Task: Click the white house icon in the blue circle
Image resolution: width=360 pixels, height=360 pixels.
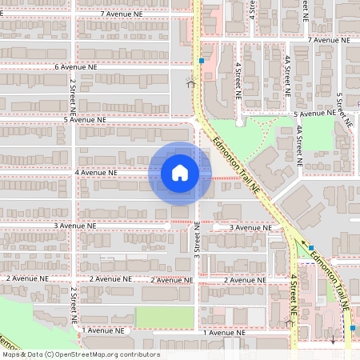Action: pos(180,173)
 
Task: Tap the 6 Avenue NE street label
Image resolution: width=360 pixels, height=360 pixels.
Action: pos(80,67)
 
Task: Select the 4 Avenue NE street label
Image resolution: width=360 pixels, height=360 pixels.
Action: pos(96,172)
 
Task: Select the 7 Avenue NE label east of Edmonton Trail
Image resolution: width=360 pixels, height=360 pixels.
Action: pos(334,39)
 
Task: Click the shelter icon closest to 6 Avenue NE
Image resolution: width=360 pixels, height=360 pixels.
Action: pos(190,82)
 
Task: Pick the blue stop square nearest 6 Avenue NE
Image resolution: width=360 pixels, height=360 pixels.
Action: pos(202,60)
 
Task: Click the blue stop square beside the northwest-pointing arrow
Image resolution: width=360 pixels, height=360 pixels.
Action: pos(311,248)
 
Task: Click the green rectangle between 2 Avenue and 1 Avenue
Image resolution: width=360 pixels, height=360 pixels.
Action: pos(164,317)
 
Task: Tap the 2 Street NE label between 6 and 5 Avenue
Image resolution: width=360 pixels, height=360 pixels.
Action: pos(72,94)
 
